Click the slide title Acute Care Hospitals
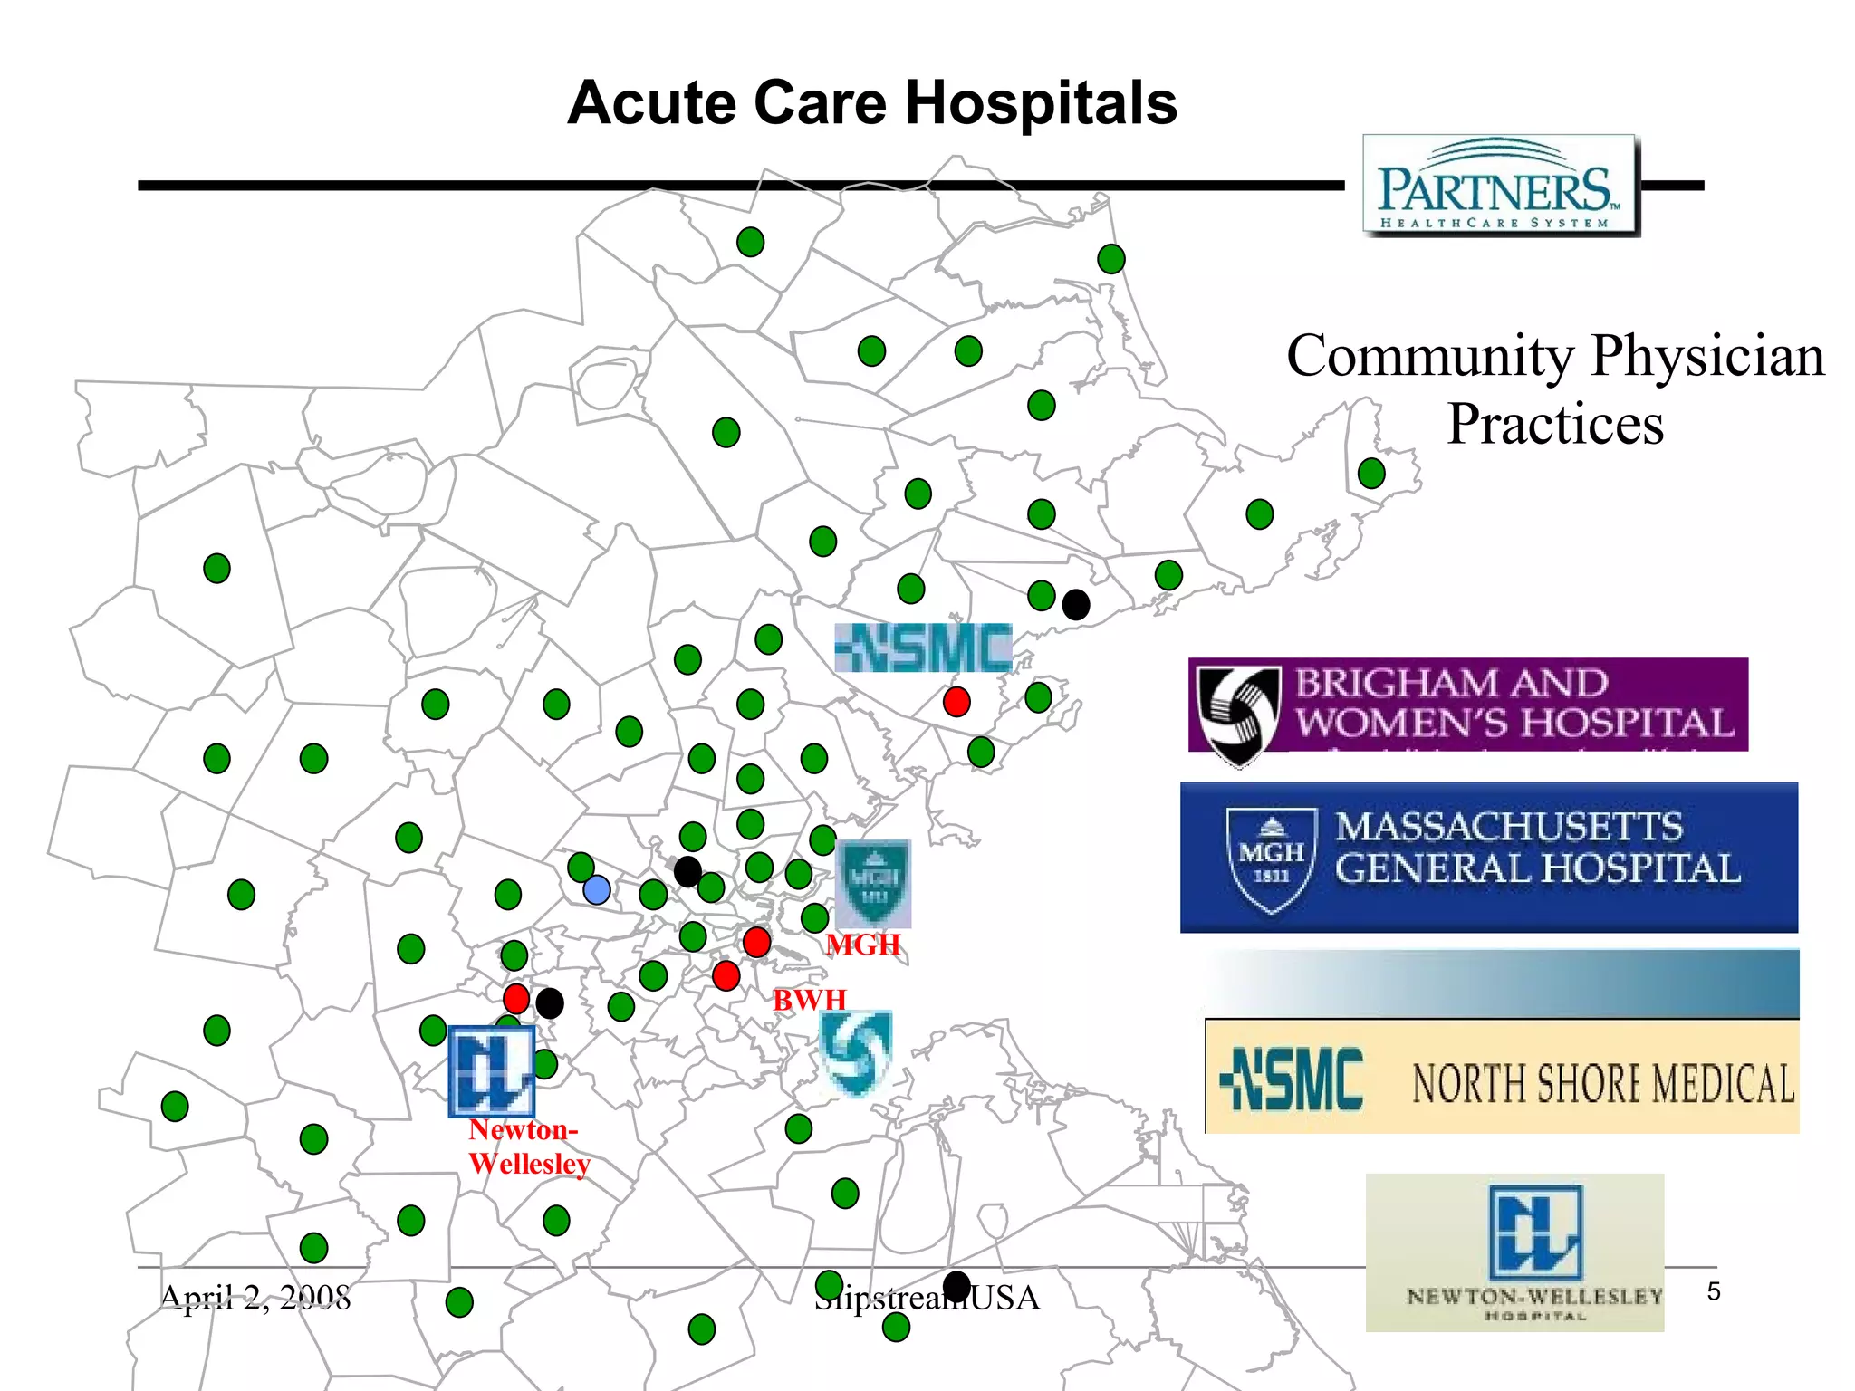[871, 102]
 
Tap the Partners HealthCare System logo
[1501, 186]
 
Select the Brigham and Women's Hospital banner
[1467, 705]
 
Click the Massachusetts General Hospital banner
[1488, 857]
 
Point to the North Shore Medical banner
[1502, 1078]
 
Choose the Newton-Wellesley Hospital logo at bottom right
[1514, 1252]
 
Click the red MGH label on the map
[863, 945]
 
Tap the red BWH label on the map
[809, 1000]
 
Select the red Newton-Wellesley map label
[528, 1146]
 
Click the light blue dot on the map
[597, 889]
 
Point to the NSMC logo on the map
[922, 648]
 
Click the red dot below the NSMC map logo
[956, 702]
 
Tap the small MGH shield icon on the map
[872, 883]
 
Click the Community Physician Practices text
[1555, 389]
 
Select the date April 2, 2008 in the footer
[255, 1297]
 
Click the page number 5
[1713, 1291]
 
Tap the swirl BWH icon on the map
[855, 1052]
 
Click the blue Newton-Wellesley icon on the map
[492, 1071]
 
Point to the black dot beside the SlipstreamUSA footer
[956, 1285]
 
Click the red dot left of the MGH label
[756, 942]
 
